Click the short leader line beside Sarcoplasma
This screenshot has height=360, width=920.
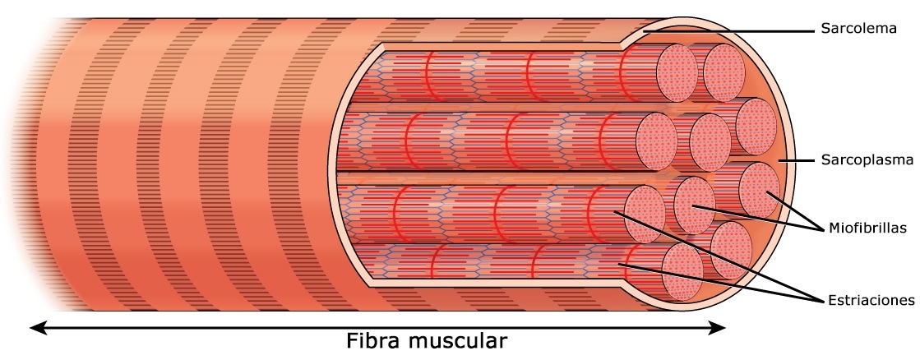pyautogui.click(x=793, y=161)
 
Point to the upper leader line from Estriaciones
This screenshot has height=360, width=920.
pyautogui.click(x=715, y=254)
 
